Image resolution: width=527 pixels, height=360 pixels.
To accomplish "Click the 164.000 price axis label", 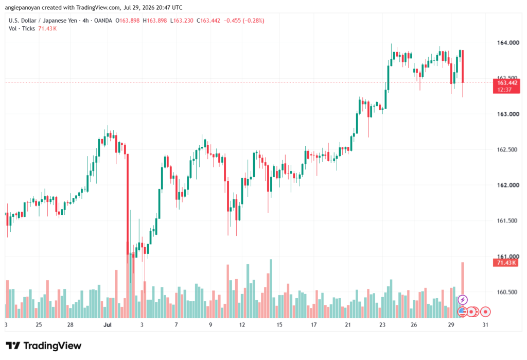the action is [x=508, y=43].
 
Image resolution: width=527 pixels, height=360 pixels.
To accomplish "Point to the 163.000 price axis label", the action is [x=508, y=114].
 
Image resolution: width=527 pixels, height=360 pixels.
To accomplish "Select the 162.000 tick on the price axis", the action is [x=508, y=185].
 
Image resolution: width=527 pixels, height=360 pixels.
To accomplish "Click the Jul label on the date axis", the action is [x=107, y=324].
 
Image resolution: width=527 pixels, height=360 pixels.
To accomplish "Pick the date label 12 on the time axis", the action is [x=242, y=324].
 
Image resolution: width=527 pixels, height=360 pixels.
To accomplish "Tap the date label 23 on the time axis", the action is [x=382, y=324].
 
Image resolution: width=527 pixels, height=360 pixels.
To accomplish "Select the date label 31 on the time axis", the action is [x=485, y=324].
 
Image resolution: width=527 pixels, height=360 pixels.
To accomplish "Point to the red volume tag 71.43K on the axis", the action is [x=506, y=263].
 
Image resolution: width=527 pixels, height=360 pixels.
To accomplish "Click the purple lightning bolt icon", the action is [x=463, y=299].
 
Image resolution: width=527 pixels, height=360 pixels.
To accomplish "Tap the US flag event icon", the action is [x=463, y=312].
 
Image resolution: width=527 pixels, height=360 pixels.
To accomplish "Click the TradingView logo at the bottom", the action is [x=44, y=346].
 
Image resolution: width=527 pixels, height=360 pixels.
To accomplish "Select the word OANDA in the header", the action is [x=103, y=21].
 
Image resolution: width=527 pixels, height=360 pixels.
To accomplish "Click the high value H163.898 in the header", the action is [x=155, y=21].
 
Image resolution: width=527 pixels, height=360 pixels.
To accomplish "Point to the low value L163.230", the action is [x=182, y=21].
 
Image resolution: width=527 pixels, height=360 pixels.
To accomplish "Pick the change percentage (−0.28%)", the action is [x=254, y=21].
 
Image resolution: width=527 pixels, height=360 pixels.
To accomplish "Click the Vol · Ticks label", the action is [x=22, y=29].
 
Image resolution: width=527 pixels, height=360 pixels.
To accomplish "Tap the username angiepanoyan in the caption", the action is [x=22, y=7].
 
